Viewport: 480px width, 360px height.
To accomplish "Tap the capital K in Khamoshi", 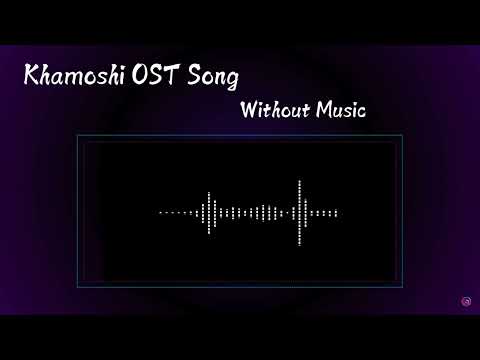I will (30, 77).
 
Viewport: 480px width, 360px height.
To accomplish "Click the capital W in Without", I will (250, 107).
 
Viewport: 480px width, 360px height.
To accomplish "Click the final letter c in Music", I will (362, 109).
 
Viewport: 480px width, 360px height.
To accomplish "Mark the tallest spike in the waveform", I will (301, 212).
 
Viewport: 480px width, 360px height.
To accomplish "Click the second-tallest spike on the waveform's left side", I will (208, 212).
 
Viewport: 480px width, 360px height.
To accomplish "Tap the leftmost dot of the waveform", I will (161, 213).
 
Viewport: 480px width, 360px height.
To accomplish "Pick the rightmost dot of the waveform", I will (336, 213).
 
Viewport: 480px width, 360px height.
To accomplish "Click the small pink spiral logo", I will (466, 299).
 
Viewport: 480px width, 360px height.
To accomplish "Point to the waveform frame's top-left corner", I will (78, 135).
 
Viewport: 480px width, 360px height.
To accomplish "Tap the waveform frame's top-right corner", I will (402, 135).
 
